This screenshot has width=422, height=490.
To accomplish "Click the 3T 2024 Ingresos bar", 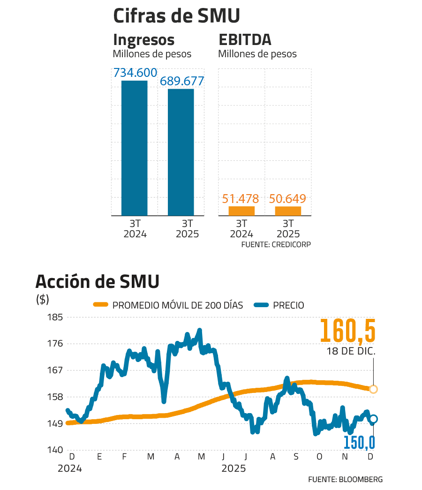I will point(134,148).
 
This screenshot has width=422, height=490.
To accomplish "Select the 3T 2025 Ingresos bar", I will point(181,152).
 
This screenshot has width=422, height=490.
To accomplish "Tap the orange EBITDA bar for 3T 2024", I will point(241,211).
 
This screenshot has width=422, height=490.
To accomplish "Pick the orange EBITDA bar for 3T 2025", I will point(288,211).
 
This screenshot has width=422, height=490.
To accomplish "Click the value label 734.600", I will point(135,74).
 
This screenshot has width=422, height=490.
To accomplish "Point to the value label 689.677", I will point(182,81).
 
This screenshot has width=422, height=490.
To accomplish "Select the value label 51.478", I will point(241,199).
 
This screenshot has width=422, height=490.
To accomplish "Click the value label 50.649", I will point(287,199).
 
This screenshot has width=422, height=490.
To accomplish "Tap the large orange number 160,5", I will point(348,331).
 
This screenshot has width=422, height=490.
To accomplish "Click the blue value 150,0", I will point(359,442).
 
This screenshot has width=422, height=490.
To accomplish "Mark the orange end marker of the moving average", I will point(373,389).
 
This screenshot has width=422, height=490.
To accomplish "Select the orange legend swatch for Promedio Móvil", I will point(101,305).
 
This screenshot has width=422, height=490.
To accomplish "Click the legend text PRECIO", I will point(288,306).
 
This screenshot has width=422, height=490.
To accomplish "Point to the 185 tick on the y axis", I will point(55,317).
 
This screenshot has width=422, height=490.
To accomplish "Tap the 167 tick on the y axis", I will point(55,370).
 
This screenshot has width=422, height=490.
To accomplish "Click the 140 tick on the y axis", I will point(55,450).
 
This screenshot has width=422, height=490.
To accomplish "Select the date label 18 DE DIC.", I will point(351,352).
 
